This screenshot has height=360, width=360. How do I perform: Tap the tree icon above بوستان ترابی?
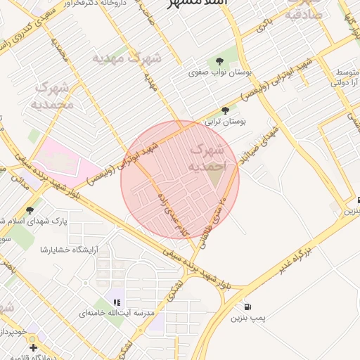225,110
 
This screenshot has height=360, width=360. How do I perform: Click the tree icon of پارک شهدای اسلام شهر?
30,210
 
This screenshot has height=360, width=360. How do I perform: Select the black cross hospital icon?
33,347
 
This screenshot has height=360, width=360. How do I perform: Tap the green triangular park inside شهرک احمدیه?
215,178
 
